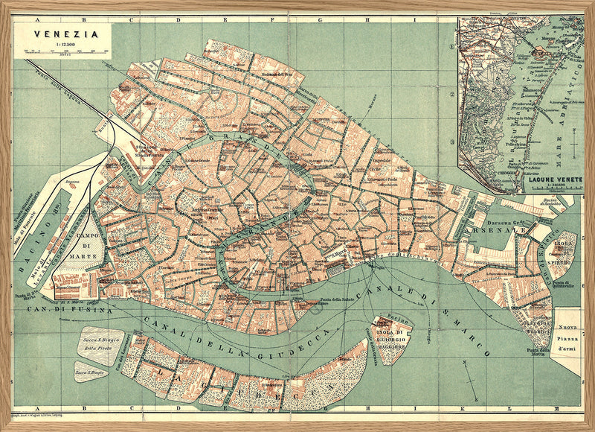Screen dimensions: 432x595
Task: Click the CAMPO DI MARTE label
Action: (x=96, y=246)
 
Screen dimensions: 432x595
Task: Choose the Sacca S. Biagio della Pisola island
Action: (x=102, y=344)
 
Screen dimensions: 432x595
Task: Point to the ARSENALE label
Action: (x=503, y=231)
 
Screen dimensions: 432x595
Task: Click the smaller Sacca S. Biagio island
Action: (x=89, y=370)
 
